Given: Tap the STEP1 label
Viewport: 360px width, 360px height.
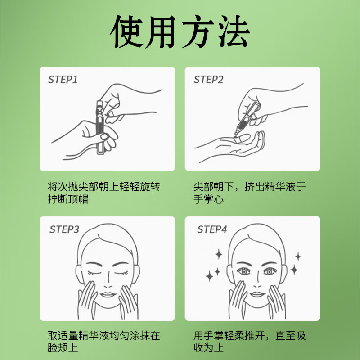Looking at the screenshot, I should [63, 80].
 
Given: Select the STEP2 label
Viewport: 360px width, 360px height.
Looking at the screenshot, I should [208, 80].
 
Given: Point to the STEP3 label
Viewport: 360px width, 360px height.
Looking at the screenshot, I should [64, 229].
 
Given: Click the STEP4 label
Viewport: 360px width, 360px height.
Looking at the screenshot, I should [211, 229].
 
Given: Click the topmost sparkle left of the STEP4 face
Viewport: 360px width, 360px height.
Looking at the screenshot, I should [219, 255].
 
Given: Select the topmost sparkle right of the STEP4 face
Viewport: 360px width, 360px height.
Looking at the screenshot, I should [297, 257].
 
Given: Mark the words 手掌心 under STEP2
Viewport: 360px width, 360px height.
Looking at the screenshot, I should [208, 199].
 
